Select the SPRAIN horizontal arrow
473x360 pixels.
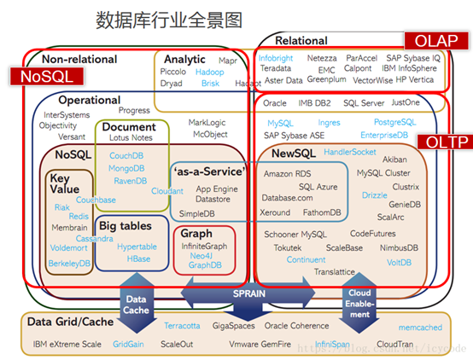pos(249,293)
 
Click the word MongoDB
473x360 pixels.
pos(126,168)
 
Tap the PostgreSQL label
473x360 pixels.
pos(395,122)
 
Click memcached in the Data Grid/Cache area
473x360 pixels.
pos(420,327)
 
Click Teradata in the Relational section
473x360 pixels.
pos(276,68)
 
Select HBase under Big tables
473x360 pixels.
pos(138,258)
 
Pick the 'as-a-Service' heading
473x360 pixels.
pos(207,171)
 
